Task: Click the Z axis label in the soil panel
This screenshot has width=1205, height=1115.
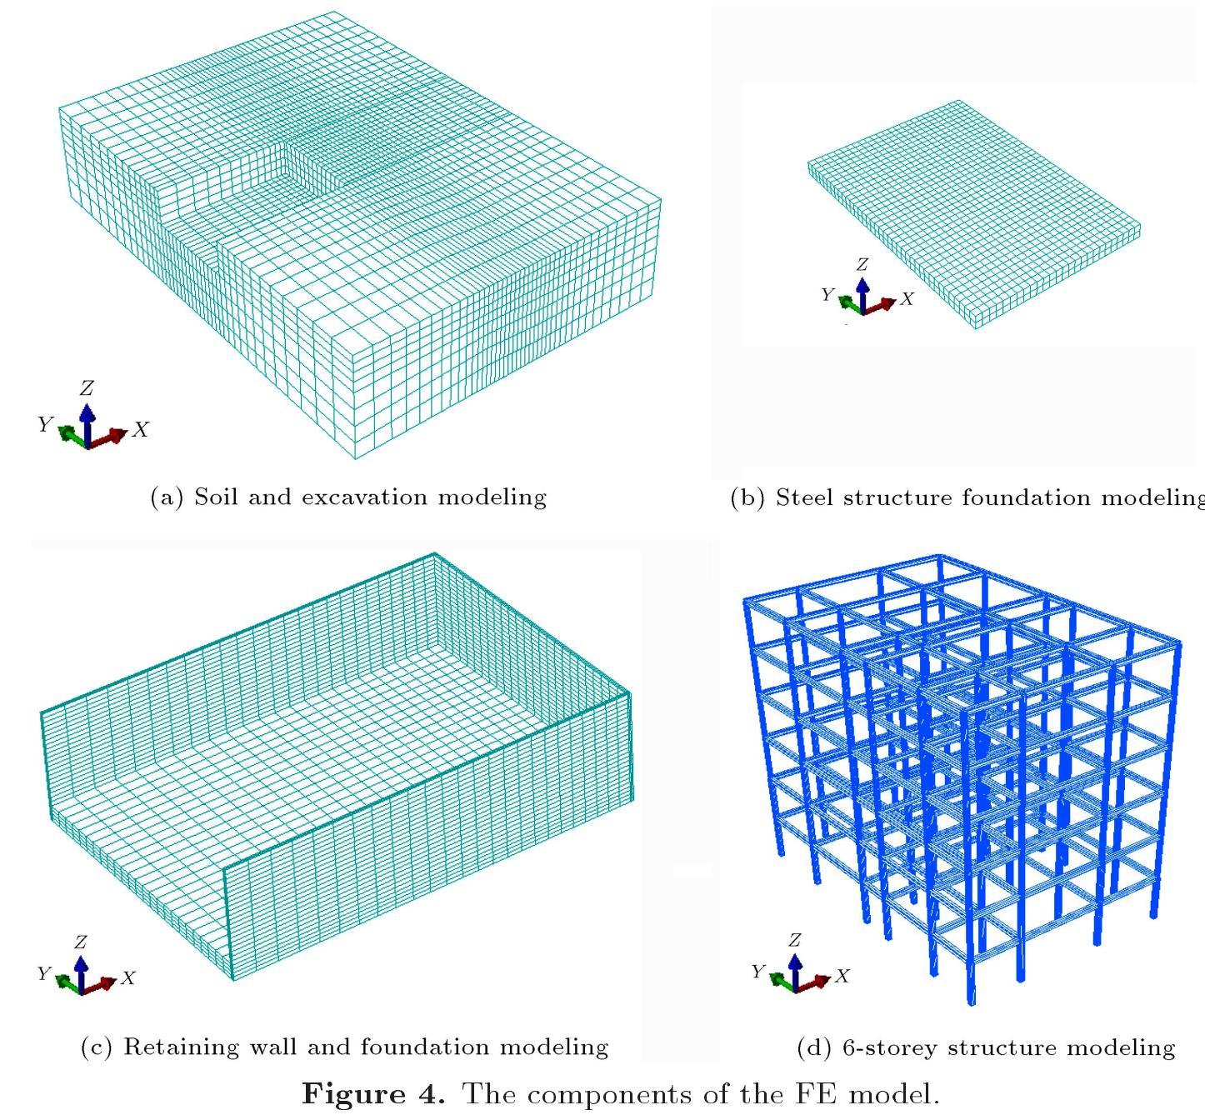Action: [87, 387]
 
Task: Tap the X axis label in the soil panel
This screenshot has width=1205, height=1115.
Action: [141, 430]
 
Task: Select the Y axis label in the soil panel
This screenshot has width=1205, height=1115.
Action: [46, 423]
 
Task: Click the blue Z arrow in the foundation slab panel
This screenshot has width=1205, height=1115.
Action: [862, 295]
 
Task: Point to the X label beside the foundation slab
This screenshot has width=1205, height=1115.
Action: [907, 298]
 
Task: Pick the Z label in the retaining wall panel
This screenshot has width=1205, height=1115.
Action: [81, 942]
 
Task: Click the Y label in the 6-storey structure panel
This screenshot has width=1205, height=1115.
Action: [758, 971]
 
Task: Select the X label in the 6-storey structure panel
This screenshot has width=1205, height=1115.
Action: [842, 975]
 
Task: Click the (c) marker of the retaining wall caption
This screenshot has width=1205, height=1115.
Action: [97, 1047]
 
